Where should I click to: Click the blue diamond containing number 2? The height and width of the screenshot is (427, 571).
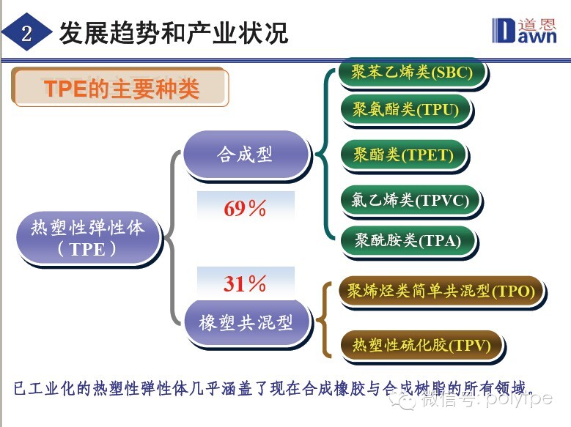click(x=26, y=33)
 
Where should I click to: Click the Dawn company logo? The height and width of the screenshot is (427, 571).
click(x=524, y=31)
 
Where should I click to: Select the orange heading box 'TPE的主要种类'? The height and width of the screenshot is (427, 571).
click(x=120, y=87)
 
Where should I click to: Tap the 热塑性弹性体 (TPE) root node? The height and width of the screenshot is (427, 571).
click(x=89, y=239)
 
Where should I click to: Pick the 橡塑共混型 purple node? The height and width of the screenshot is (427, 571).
click(x=246, y=322)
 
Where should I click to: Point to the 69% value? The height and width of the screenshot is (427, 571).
click(x=245, y=208)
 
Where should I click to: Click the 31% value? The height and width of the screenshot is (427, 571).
click(x=245, y=283)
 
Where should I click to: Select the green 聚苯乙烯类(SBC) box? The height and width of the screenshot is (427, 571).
click(x=413, y=73)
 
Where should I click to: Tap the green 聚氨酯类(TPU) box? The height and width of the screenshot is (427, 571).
click(x=406, y=110)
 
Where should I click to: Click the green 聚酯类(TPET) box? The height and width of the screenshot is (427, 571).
click(x=404, y=155)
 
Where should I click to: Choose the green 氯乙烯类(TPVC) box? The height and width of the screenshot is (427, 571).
click(x=410, y=201)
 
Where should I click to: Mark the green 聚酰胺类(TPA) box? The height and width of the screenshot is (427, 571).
click(x=408, y=241)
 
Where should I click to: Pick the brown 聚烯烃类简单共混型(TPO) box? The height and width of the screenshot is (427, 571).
click(x=442, y=292)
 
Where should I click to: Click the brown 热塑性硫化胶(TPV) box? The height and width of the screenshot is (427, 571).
click(x=422, y=345)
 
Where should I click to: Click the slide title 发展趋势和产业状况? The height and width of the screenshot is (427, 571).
click(x=173, y=33)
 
